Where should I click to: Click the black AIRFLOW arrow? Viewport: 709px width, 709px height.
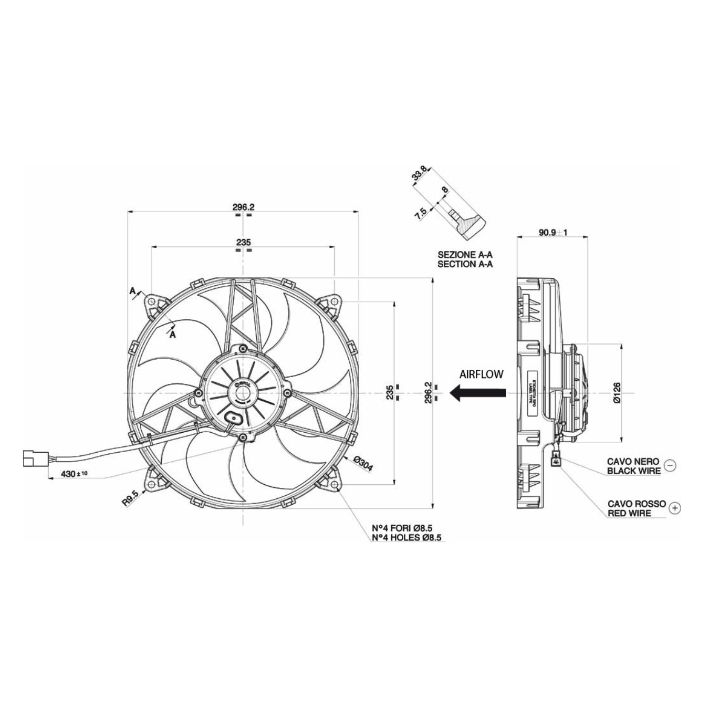pos(478,392)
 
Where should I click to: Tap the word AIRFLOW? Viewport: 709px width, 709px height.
pos(481,374)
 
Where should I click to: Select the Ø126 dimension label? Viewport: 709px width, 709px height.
pos(617,392)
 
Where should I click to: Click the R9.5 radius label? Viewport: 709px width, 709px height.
pos(130,497)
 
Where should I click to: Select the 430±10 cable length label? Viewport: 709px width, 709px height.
pos(74,474)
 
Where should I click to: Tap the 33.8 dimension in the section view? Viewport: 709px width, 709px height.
pos(419,174)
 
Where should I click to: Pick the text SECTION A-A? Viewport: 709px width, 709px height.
pos(465,264)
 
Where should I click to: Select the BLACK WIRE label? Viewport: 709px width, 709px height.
pos(634,471)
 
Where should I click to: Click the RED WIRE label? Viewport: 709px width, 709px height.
pos(629,513)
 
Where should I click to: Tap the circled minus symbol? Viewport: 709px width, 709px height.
pos(670,465)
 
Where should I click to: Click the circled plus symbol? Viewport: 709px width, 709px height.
pos(675,508)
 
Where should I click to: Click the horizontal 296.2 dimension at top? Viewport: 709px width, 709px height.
pos(243,207)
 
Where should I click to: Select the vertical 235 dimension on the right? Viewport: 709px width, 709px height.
pos(389,392)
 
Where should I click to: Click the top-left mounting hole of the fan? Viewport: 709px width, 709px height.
pos(152,302)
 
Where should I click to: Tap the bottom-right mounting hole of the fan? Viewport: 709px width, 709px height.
pos(335,484)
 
